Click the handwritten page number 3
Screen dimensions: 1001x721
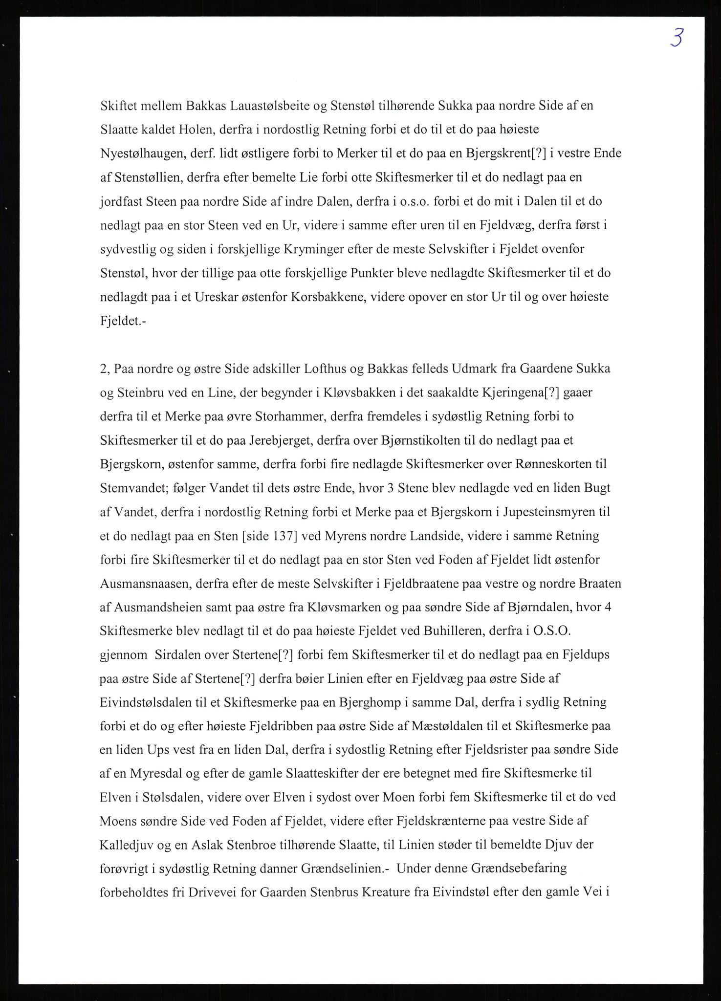tap(677, 38)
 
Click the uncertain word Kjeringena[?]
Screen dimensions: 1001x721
tap(497, 392)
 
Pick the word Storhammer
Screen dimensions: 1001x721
tap(284, 416)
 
